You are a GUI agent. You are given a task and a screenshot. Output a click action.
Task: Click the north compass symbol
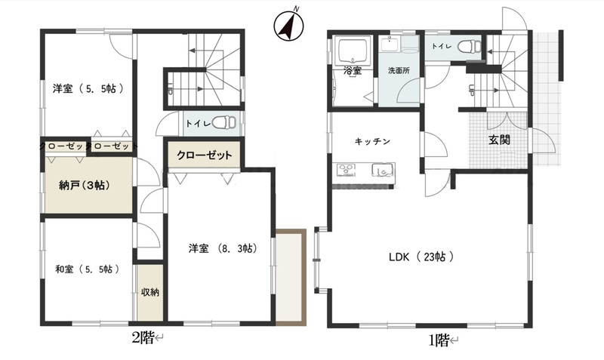(288, 26)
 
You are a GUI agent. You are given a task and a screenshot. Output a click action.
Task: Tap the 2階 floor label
(143, 338)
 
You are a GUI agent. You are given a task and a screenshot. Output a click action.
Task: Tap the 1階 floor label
(439, 340)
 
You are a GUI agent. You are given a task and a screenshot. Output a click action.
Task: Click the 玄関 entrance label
(499, 140)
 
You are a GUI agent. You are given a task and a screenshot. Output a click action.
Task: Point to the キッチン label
(372, 141)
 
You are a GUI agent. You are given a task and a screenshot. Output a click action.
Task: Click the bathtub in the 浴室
(353, 51)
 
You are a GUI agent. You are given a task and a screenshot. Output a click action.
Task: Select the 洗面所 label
(399, 71)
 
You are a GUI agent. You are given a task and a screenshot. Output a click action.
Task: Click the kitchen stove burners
(347, 169)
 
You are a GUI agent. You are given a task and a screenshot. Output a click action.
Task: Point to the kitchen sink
(382, 169)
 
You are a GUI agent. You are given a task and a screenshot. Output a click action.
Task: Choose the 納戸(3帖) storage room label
(85, 185)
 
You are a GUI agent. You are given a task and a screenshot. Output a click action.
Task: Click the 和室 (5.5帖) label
(87, 269)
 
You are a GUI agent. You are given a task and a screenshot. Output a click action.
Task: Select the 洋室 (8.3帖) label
(223, 249)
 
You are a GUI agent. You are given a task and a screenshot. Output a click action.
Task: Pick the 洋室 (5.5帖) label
(88, 88)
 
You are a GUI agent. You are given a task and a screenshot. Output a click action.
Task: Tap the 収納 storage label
(149, 292)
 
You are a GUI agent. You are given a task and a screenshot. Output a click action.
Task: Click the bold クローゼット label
(204, 155)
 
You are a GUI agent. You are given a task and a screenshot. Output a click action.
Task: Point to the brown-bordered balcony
(291, 276)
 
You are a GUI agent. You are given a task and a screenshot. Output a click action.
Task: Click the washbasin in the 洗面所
(390, 44)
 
